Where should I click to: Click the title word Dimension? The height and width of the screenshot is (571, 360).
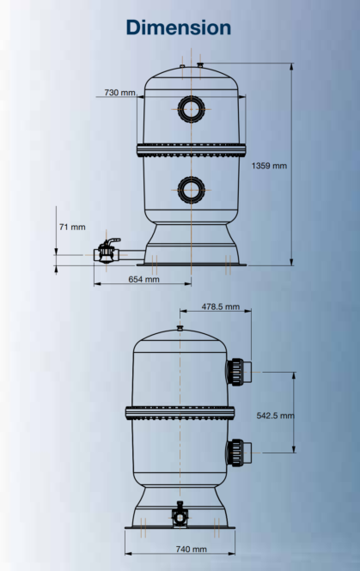(x=180, y=27)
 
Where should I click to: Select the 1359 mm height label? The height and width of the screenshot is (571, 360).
(x=269, y=165)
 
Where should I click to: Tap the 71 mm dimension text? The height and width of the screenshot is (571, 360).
(x=71, y=227)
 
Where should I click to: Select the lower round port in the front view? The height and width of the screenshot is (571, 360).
(x=190, y=188)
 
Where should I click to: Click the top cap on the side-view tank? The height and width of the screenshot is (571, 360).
(x=179, y=327)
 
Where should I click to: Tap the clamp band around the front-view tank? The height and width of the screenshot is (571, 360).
(x=189, y=148)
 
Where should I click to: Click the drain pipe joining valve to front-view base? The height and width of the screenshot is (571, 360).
(x=133, y=254)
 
